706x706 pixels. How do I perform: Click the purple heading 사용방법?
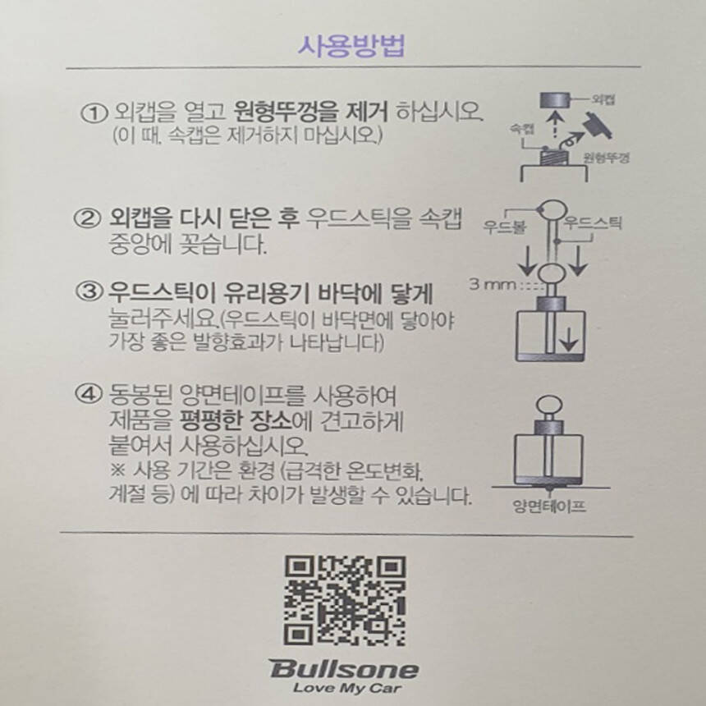[x=351, y=46]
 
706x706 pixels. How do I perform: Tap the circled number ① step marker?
[x=94, y=112]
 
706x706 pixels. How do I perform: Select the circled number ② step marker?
[x=86, y=219]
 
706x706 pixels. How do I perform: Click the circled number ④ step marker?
[x=87, y=394]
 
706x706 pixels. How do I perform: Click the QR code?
[x=345, y=601]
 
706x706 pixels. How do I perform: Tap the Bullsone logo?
[x=344, y=669]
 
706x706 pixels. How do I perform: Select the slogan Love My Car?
[x=346, y=689]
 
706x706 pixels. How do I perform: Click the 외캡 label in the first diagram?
[x=603, y=99]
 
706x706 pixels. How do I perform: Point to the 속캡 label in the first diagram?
[x=522, y=129]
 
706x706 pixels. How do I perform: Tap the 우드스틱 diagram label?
[x=593, y=222]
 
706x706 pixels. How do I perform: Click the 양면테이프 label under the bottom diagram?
[x=549, y=506]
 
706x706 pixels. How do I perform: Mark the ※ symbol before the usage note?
[x=117, y=470]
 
